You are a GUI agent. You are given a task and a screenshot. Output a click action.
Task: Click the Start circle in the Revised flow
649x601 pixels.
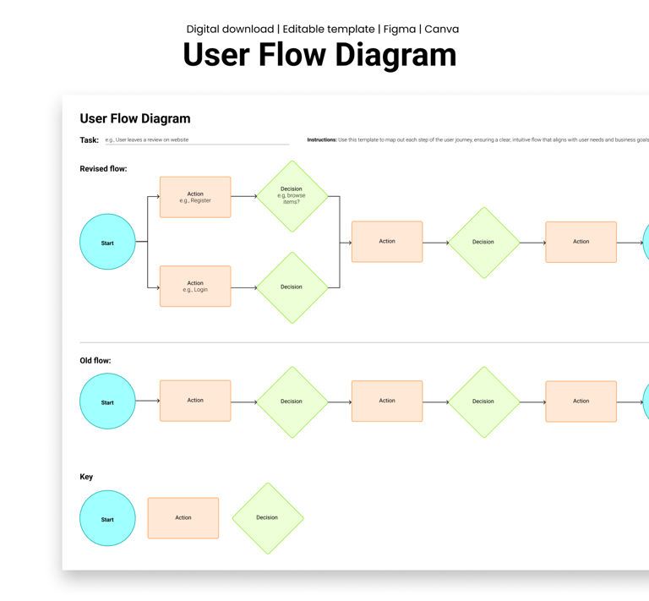[107, 243]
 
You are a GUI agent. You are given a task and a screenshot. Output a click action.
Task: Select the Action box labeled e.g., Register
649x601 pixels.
[195, 197]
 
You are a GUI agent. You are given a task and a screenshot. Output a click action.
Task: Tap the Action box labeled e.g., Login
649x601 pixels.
[195, 287]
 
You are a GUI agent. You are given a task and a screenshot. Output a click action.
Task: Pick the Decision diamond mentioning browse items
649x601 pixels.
[292, 196]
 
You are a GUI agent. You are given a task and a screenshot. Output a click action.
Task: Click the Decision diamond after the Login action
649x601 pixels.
[292, 287]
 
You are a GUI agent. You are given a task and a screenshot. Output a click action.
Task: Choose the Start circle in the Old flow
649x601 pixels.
[107, 402]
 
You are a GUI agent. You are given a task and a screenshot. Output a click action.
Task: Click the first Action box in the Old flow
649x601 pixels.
[195, 401]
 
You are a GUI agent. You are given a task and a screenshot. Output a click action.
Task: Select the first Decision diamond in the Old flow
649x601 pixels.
[292, 402]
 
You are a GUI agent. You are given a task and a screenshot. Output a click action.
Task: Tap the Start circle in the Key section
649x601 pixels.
[107, 518]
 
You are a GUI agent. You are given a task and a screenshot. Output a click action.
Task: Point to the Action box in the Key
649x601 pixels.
[183, 518]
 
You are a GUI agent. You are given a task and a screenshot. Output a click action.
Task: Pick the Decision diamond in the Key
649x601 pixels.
[267, 518]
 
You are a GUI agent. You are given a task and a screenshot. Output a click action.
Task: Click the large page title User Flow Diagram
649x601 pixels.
[319, 55]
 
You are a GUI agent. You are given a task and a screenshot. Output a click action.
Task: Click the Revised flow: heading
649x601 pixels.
[103, 169]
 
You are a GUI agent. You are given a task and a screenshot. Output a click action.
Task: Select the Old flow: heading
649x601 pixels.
[95, 361]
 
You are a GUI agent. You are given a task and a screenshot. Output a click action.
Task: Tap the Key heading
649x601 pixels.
[86, 477]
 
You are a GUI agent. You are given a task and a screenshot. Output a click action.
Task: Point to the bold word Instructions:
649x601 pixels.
[321, 140]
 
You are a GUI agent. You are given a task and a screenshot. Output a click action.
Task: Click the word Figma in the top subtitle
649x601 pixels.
[399, 29]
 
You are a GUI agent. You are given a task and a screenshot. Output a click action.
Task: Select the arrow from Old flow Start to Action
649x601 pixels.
[148, 402]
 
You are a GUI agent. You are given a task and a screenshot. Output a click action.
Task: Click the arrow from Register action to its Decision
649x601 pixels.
[244, 197]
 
